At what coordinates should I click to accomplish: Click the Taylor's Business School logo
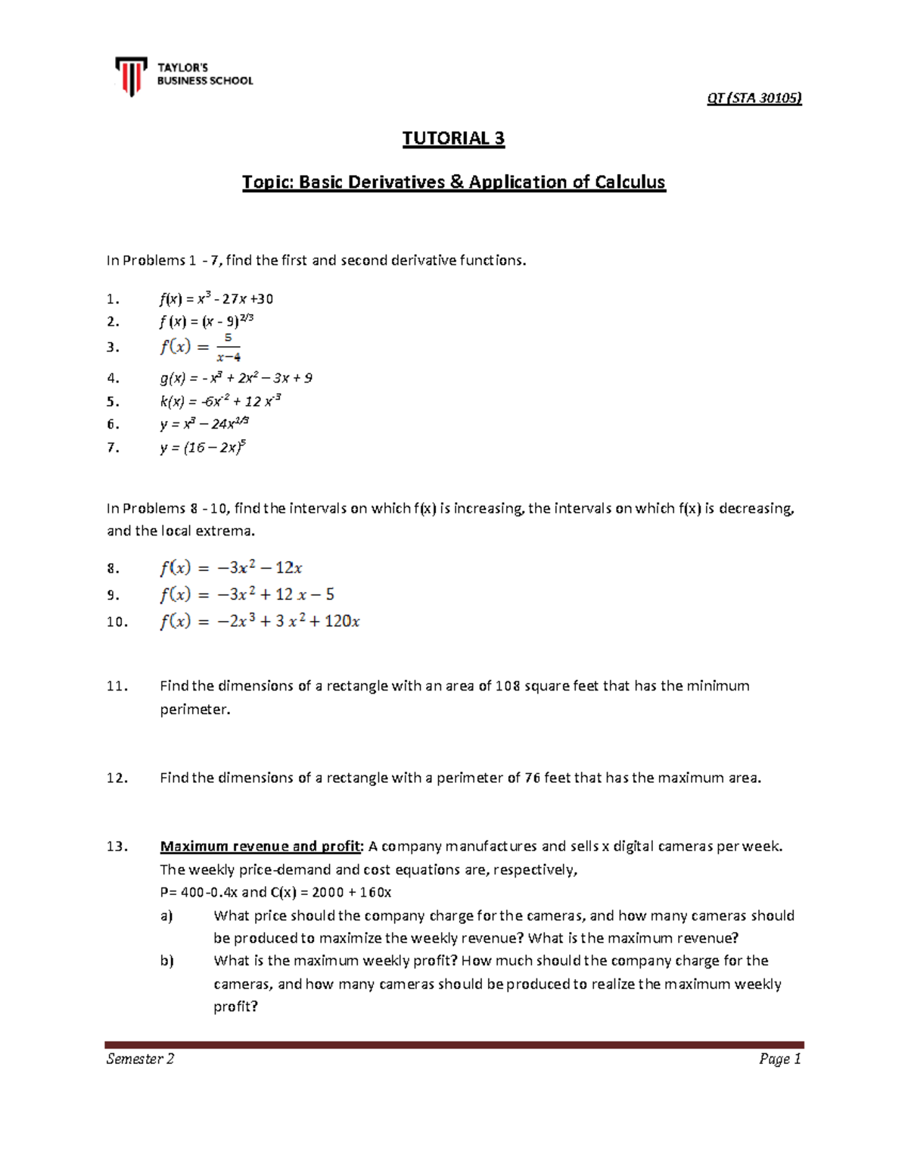[x=185, y=76]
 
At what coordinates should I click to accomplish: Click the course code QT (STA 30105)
[x=754, y=98]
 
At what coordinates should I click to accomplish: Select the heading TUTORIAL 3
[x=453, y=138]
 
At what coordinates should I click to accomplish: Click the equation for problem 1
[x=216, y=299]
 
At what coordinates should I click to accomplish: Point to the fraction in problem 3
[x=228, y=348]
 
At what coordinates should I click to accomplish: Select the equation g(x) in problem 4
[x=236, y=378]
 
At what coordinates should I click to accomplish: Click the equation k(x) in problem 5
[x=221, y=401]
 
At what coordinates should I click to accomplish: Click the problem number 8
[x=113, y=569]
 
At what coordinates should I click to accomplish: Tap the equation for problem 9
[x=247, y=594]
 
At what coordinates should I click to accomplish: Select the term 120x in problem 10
[x=342, y=622]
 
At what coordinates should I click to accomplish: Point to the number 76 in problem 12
[x=532, y=778]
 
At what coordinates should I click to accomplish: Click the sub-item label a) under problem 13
[x=166, y=916]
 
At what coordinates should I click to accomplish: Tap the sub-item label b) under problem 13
[x=166, y=961]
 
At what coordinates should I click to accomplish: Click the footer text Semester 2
[x=140, y=1059]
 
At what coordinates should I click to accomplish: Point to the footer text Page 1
[x=780, y=1059]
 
